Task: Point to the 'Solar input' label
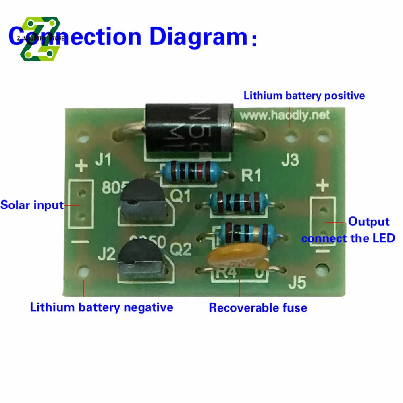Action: tap(32, 205)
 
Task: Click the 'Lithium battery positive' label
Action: tap(304, 96)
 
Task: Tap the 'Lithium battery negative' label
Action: tap(102, 307)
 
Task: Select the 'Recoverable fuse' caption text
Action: tap(258, 308)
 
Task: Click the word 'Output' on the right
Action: tap(369, 221)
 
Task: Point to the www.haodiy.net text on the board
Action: tap(285, 116)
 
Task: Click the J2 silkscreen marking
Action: tap(106, 255)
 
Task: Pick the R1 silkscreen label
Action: tap(251, 176)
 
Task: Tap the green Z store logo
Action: tap(40, 39)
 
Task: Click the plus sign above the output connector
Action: tap(324, 186)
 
